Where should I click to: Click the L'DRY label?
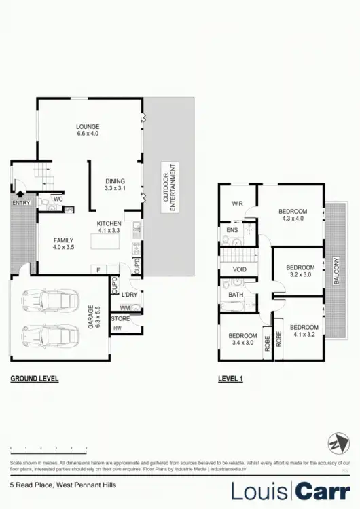click(x=128, y=293)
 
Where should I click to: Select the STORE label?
click(x=120, y=318)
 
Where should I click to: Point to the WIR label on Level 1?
click(x=237, y=203)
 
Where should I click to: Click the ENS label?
click(x=231, y=231)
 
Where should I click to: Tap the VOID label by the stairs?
click(x=239, y=269)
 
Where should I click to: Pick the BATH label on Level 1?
click(x=235, y=295)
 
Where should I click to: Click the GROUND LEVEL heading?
click(x=34, y=379)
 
